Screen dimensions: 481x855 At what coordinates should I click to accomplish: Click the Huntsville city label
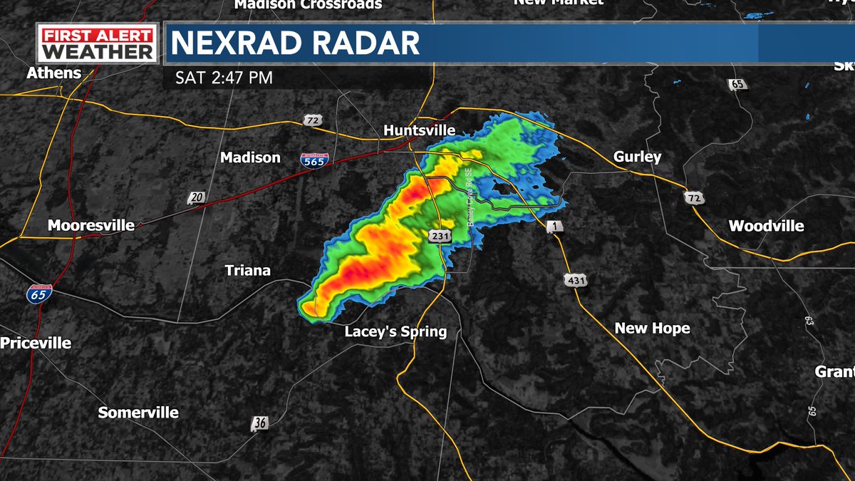click(419, 130)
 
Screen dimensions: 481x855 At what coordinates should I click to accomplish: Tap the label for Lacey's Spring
click(395, 331)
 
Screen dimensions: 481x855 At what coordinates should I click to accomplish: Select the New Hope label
click(652, 328)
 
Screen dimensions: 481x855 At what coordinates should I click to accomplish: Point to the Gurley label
click(637, 157)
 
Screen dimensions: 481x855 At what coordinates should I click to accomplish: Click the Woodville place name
click(766, 226)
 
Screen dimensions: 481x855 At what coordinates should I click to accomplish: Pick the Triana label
click(248, 270)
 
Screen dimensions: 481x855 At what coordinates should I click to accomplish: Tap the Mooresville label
click(91, 225)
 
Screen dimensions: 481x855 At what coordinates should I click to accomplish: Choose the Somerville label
click(138, 413)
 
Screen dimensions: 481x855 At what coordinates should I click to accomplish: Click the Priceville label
click(36, 343)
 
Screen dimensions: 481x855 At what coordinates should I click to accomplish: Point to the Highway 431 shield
click(576, 281)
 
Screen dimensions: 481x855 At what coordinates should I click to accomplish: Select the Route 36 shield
click(260, 423)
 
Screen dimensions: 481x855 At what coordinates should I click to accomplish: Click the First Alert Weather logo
click(97, 44)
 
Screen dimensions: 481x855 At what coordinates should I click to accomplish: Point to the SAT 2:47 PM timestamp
click(224, 77)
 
